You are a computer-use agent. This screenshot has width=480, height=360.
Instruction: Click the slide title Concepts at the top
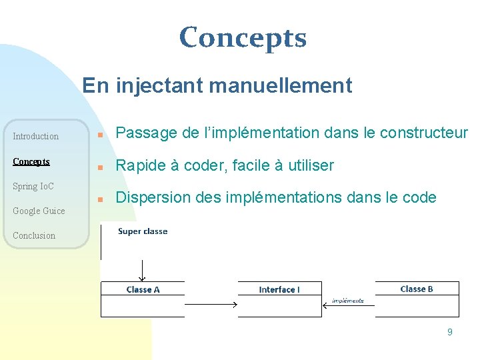coord(243,39)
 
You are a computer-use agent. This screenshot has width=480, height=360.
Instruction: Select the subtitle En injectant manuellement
coord(217,85)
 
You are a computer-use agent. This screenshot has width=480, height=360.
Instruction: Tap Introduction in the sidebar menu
coord(36,137)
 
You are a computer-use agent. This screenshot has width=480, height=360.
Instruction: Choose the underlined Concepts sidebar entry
coord(31,162)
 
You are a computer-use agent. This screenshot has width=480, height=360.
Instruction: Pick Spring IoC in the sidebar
coord(33,186)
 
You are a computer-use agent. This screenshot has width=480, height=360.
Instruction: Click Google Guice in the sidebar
coord(39,211)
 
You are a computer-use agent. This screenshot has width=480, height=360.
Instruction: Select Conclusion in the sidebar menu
coord(34,235)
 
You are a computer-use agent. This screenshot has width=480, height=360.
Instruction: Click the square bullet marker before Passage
coord(99,135)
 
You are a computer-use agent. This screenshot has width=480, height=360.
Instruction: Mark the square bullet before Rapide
coord(99,167)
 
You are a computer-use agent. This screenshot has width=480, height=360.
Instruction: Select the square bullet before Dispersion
coord(99,199)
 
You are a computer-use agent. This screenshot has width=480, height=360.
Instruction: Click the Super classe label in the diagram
coord(143,231)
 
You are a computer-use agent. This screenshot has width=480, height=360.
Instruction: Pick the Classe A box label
coord(143,289)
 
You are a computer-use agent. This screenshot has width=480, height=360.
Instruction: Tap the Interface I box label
coord(279,289)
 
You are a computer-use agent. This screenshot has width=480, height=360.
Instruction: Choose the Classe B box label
coord(417,289)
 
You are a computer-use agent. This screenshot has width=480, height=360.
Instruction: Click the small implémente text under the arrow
coord(348,301)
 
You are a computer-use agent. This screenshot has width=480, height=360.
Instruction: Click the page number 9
coord(449,332)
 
